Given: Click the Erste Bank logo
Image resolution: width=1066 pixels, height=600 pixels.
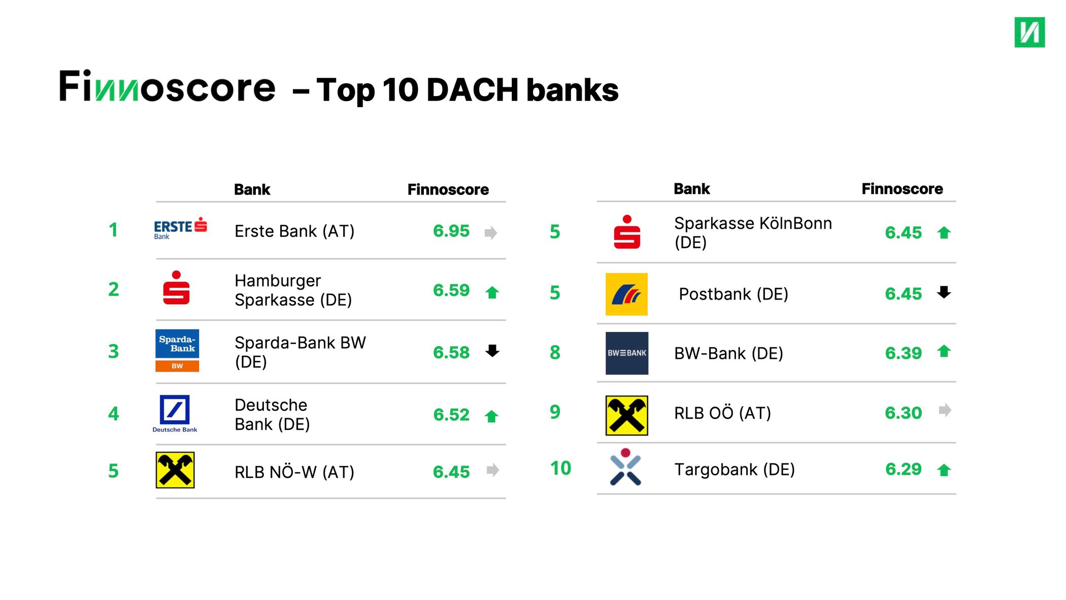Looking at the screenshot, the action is point(180,228).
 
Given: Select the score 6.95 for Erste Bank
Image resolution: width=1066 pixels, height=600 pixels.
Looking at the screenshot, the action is point(451,231).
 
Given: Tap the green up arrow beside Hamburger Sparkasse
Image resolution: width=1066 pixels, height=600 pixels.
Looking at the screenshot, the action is point(492,293).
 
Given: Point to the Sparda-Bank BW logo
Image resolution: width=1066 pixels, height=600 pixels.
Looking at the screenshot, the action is point(177,351).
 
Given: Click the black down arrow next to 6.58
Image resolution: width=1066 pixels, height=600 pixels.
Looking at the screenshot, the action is point(492,351).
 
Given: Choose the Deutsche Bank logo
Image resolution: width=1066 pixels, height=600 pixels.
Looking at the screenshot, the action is point(175,414).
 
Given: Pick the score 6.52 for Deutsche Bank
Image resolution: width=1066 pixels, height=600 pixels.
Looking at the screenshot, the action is point(451,415).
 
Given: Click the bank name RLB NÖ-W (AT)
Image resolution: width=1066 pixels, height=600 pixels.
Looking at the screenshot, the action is point(294,472).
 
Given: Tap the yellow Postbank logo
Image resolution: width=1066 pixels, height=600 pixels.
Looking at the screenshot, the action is point(626,294).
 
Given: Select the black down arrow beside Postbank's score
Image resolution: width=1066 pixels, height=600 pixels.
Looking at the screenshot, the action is point(944,292).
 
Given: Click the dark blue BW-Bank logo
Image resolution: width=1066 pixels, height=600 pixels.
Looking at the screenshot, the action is point(627,353).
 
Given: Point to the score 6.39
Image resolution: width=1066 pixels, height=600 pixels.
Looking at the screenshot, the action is point(903,354).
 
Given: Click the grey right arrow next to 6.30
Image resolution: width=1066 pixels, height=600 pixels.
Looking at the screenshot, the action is point(945,410).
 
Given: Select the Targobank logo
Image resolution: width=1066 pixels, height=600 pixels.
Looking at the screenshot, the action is point(625,467).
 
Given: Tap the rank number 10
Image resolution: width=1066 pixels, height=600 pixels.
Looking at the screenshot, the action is point(560,468).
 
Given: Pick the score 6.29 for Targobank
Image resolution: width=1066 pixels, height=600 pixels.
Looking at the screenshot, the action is point(903,469).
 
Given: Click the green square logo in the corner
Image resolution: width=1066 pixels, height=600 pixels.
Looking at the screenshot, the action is point(1029,32).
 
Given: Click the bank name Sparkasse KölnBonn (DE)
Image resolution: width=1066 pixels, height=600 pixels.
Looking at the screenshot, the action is point(753,233).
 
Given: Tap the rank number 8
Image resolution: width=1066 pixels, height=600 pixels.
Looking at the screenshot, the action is point(555,353).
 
